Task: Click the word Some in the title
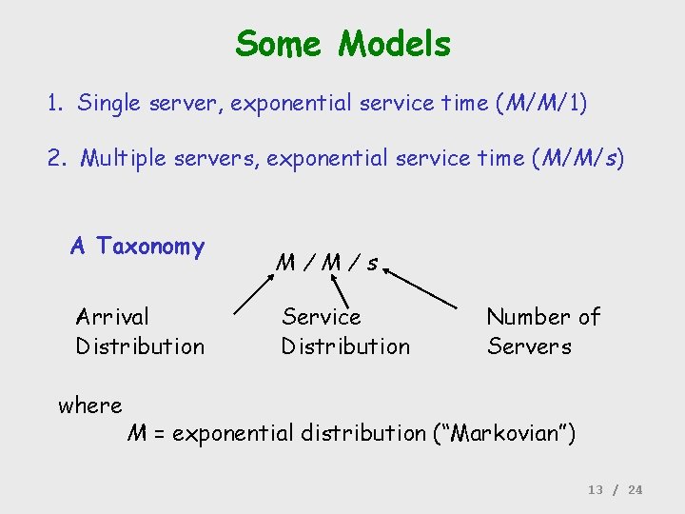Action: click(282, 44)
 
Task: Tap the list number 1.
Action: click(54, 103)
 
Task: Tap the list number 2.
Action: click(55, 157)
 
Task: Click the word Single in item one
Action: click(109, 103)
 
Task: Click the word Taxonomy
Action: click(150, 247)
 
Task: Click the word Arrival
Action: click(112, 317)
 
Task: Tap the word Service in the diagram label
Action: click(322, 317)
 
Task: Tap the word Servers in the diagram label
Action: click(529, 346)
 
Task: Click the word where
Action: click(90, 405)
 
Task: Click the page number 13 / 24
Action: click(615, 489)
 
